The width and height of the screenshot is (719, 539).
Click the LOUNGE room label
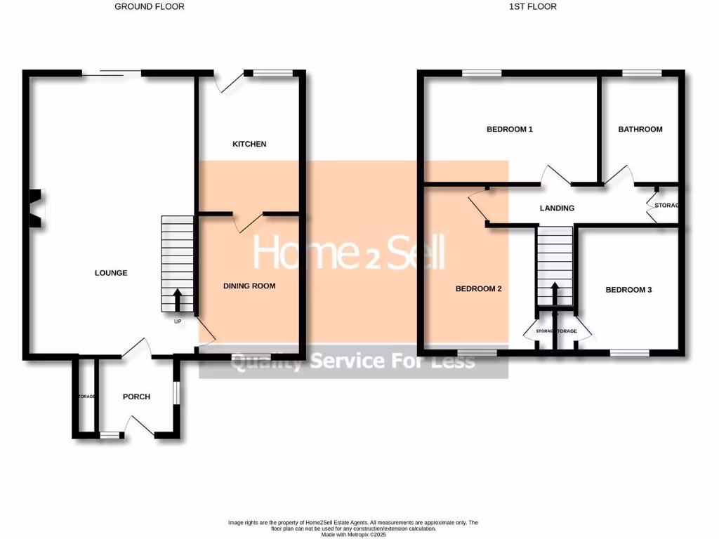(111, 273)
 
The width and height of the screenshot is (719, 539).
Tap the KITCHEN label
(249, 144)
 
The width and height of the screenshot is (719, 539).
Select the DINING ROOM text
(249, 286)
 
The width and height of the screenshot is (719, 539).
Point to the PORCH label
(136, 397)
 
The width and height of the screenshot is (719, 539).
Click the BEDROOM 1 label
(510, 129)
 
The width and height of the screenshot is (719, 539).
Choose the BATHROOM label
(640, 129)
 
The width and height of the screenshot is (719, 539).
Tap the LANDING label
(557, 208)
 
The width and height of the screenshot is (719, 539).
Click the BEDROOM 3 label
(628, 289)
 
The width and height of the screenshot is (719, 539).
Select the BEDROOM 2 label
(478, 288)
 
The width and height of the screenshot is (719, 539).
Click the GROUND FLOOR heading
(150, 6)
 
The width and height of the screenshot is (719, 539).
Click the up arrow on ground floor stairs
(176, 299)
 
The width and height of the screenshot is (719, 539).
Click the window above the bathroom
(642, 72)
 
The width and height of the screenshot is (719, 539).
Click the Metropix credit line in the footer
(352, 534)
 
